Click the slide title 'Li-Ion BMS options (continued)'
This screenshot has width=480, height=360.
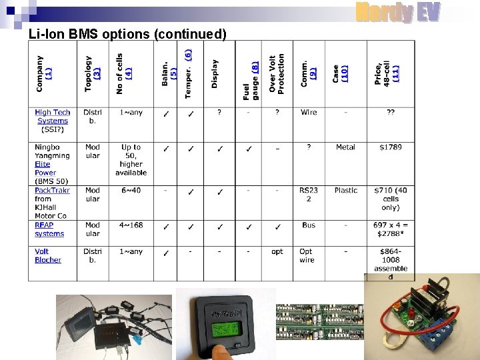127,33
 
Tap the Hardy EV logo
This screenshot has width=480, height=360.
397,13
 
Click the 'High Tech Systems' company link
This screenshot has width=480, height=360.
52,117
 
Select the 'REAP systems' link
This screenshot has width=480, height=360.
49,229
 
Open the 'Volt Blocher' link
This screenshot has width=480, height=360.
47,255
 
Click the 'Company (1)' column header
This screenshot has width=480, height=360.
44,73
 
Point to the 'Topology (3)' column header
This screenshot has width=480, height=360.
93,73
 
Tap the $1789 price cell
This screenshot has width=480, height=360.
390,147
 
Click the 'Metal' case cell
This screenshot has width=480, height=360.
345,147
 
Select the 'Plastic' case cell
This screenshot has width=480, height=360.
346,191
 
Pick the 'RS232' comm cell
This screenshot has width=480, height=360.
308,194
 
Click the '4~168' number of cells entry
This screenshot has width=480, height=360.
131,225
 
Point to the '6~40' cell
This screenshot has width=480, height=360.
131,191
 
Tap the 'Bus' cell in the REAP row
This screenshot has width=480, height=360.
308,225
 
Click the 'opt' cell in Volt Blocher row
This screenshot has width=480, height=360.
277,252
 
